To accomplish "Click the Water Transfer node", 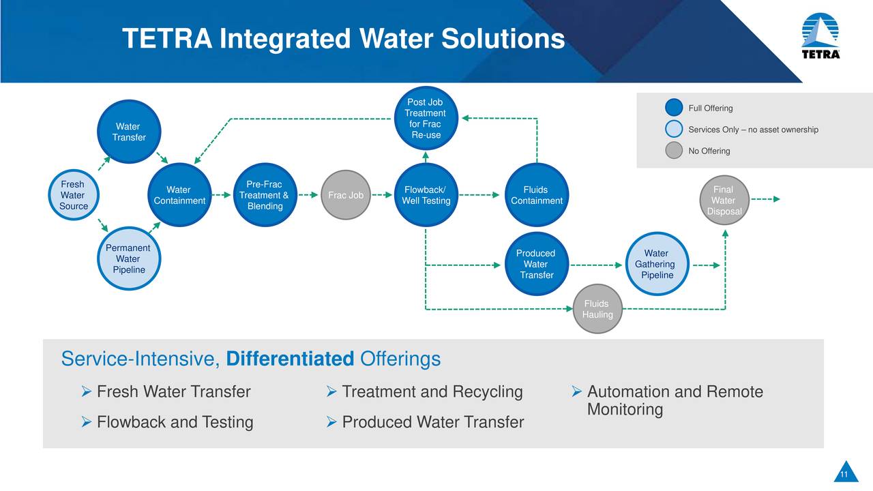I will coord(128,132).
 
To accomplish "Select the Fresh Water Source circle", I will coord(73,195).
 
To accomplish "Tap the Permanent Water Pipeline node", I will coord(128,258).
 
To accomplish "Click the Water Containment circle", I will coord(179,195).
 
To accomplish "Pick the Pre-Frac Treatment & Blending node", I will coord(265,195).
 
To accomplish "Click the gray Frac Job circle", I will coord(346,195).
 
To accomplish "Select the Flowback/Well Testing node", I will coord(426,195).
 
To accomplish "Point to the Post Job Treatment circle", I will coord(425,119).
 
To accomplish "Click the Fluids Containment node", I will coord(536,195).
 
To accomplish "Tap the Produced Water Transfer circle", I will coord(536,264).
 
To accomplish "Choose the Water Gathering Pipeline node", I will coord(655,264).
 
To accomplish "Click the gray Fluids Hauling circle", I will coord(597,309).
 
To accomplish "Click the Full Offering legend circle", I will coord(674,108).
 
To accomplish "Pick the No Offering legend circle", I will coord(674,151).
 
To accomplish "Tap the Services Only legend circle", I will coord(674,130).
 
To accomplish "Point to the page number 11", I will coord(844,475).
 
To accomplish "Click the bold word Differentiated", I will coord(289,359).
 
